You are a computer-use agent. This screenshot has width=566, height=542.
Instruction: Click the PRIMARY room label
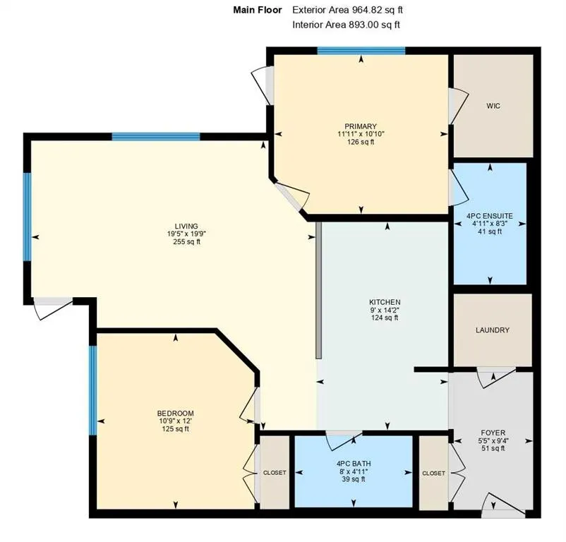tap(361, 126)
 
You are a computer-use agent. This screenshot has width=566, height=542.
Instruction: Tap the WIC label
tap(493, 106)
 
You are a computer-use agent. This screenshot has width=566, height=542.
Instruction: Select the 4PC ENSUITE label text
tap(490, 215)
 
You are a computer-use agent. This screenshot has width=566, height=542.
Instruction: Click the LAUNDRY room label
tap(492, 330)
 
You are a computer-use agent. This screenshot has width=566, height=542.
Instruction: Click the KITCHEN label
tap(385, 301)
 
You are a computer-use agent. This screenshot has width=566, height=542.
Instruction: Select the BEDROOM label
tap(175, 414)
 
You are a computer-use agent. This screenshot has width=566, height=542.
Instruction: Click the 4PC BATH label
tap(354, 464)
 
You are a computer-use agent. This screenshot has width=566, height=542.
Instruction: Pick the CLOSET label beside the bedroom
tap(275, 473)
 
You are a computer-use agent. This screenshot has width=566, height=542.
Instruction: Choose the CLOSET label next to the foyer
tap(434, 473)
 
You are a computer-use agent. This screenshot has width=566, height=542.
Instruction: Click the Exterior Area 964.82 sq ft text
tap(347, 10)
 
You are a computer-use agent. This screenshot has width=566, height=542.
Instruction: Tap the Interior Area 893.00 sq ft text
tap(346, 25)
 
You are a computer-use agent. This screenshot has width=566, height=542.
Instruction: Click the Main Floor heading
tap(258, 10)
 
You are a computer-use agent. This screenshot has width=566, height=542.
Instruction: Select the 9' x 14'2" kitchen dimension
tap(385, 309)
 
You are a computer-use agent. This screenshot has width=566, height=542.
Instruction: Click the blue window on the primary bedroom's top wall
tap(361, 50)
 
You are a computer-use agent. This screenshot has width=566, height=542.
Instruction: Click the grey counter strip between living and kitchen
tap(319, 290)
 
